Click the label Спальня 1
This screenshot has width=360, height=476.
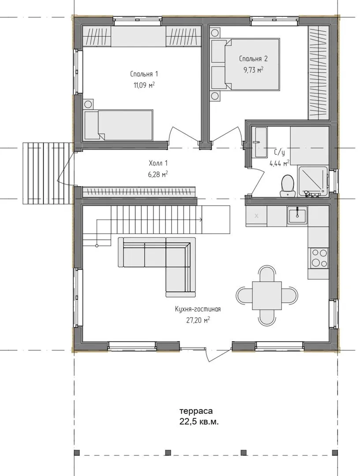pyautogui.click(x=144, y=74)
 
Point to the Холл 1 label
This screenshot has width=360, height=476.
pyautogui.click(x=158, y=164)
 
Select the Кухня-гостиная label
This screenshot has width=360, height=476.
pyautogui.click(x=198, y=309)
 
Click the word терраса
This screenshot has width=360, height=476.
pyautogui.click(x=196, y=411)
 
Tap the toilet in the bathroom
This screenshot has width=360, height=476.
pyautogui.click(x=287, y=184)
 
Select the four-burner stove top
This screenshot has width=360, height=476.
pyautogui.click(x=319, y=257)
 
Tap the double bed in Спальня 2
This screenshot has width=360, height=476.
pyautogui.click(x=245, y=64)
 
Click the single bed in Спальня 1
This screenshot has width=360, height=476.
pyautogui.click(x=119, y=125)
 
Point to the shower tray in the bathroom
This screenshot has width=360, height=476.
pyautogui.click(x=313, y=181)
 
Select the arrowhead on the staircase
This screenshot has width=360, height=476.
pyautogui.click(x=201, y=219)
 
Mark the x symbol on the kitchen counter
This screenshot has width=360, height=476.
pyautogui.click(x=256, y=216)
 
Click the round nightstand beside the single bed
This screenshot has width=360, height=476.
pyautogui.click(x=88, y=104)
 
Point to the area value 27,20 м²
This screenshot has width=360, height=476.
pyautogui.click(x=198, y=320)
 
